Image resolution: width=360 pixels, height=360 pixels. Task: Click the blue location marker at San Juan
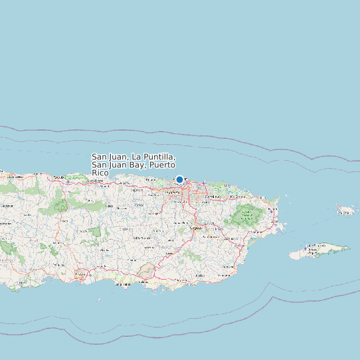coord(179,179)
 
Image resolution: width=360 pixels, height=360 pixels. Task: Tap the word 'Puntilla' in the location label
coord(157,157)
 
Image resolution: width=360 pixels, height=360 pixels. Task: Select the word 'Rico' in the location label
coord(100,173)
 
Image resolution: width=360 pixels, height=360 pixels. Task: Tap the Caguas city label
coord(195,227)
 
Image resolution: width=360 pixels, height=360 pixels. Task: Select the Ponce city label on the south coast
coord(80,273)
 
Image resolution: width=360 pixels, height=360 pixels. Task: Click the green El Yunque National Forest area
coord(248,215)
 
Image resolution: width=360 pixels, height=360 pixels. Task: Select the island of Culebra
coord(345,211)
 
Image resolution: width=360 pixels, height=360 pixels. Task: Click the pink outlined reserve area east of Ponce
coord(147,270)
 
